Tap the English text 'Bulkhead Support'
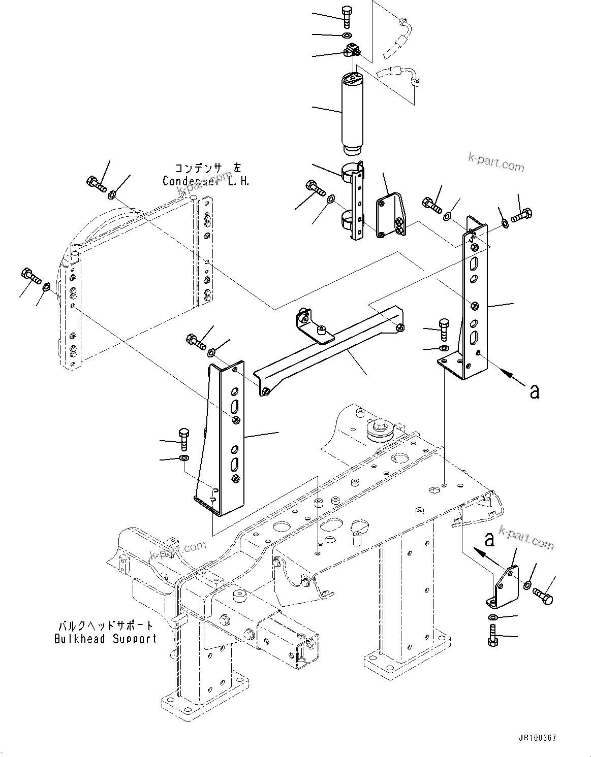tap(106, 639)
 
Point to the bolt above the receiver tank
tap(348, 16)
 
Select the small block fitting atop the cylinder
tap(351, 51)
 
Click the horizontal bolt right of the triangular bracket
tap(543, 596)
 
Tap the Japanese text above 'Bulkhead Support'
tap(106, 626)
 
